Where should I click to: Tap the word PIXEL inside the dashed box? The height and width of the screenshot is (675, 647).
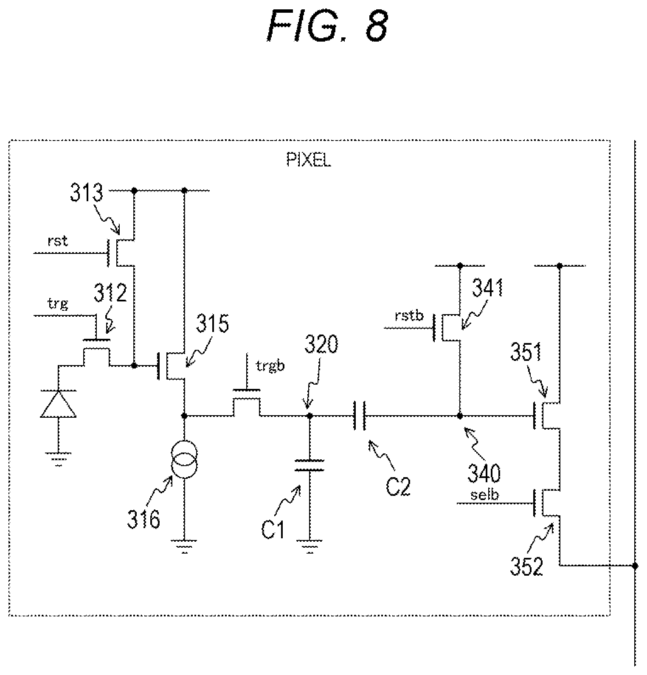tap(309, 161)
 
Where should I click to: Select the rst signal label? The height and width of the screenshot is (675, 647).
tap(58, 241)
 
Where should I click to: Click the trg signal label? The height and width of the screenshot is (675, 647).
tap(58, 304)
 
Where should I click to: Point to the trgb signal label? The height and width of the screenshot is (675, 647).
tap(270, 366)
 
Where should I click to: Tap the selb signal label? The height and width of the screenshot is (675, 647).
tap(484, 495)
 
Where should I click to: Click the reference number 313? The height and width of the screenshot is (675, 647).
tap(87, 193)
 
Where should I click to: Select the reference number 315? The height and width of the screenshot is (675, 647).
tap(212, 324)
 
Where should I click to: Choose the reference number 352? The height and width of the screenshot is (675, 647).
tap(526, 565)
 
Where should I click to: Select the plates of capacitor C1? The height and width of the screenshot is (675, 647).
tap(309, 465)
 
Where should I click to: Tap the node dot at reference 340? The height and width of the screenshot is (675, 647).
tap(460, 416)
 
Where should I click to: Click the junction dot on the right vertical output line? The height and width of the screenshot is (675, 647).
tap(635, 565)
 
